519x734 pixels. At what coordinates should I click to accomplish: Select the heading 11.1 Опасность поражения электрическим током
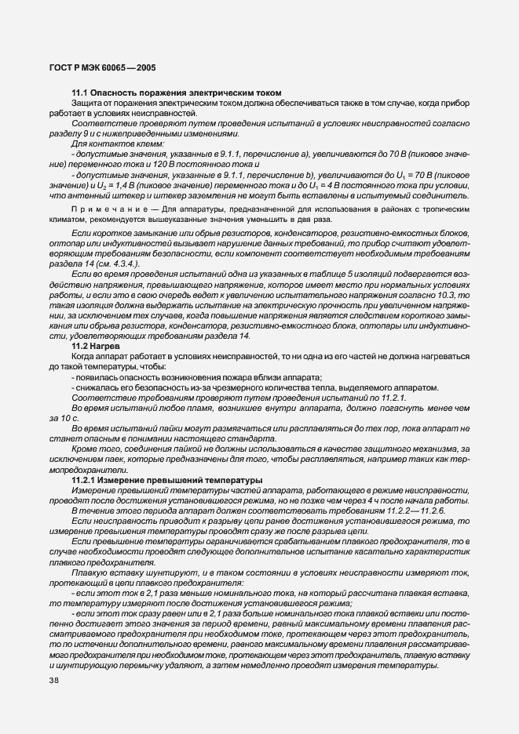click(x=176, y=93)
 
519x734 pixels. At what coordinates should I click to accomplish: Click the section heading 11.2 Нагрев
click(x=95, y=345)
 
